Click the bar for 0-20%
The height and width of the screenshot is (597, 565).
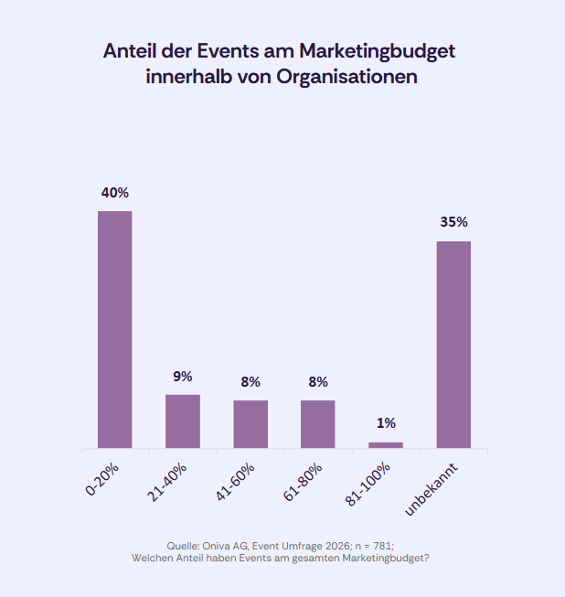click(115, 329)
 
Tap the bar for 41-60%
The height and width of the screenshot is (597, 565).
click(251, 424)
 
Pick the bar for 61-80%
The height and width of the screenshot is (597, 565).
click(318, 424)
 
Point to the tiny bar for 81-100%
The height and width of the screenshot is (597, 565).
click(386, 445)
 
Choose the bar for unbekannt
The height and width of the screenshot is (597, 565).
click(453, 345)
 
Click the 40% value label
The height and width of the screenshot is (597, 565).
click(115, 193)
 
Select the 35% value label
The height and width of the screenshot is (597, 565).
click(453, 222)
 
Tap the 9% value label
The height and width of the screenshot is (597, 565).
click(183, 376)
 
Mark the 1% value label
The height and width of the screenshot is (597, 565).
click(386, 422)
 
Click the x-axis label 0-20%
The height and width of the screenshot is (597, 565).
click(103, 478)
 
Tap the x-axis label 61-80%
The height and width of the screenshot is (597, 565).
click(304, 481)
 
